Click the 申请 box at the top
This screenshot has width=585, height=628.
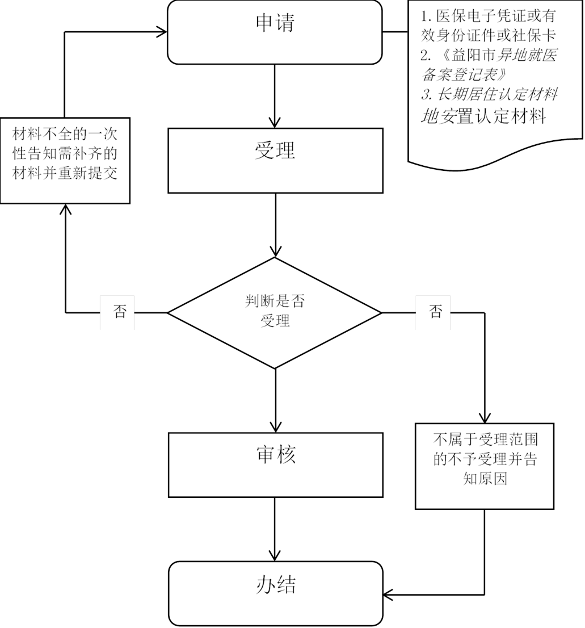pos(275,32)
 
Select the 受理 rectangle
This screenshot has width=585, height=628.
pos(275,160)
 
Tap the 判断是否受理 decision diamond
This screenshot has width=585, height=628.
pos(275,312)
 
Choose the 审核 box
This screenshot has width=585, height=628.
pos(275,464)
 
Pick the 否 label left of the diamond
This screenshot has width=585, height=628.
pos(117,312)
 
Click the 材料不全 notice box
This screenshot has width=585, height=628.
pos(65,160)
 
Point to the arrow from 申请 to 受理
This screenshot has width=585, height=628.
pos(275,94)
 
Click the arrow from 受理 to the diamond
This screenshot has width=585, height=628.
pos(275,224)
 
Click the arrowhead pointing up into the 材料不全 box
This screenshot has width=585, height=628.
pos(66,210)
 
